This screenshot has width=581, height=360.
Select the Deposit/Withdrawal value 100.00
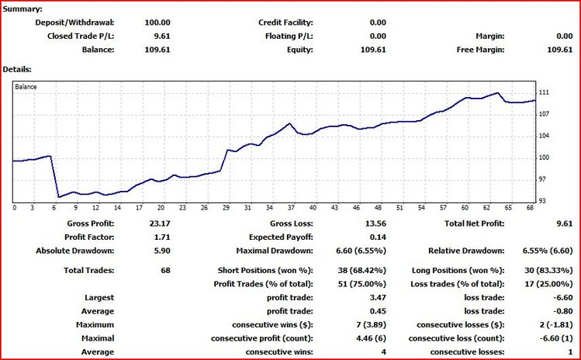pos(157,22)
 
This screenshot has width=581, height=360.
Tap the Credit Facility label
pos(285,22)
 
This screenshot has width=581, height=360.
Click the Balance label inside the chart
pos(26,87)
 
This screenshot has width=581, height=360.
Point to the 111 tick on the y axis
pos(544,92)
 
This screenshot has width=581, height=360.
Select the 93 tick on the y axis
pos(543,201)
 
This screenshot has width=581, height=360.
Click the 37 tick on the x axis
pos(290,208)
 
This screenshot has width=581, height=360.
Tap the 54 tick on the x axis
pos(420,208)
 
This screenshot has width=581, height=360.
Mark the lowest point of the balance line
pos(59,196)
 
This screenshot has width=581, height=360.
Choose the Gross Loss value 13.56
pos(374,223)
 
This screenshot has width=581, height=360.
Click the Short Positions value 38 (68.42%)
pos(359,270)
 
